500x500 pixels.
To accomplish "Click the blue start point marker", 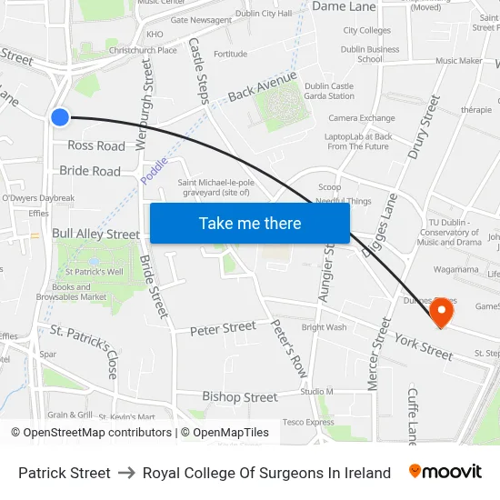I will (60, 116).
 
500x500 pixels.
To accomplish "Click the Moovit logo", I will (445, 472).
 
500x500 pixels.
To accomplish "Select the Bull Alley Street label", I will (96, 234).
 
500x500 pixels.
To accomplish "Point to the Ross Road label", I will (96, 145).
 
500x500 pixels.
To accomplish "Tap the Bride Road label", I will (90, 171).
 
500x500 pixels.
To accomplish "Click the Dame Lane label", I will (344, 6).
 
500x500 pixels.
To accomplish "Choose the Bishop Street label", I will (240, 397).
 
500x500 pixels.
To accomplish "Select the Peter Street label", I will (223, 328).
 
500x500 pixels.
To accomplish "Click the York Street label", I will (423, 345).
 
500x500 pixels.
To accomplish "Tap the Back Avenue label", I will (263, 89).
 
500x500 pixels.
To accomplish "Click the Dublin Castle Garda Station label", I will (329, 91).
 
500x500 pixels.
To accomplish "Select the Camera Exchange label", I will (362, 118).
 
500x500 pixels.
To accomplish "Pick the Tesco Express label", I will (308, 422).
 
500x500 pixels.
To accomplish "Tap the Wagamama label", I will (456, 269).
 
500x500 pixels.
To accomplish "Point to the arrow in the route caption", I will (126, 473).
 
